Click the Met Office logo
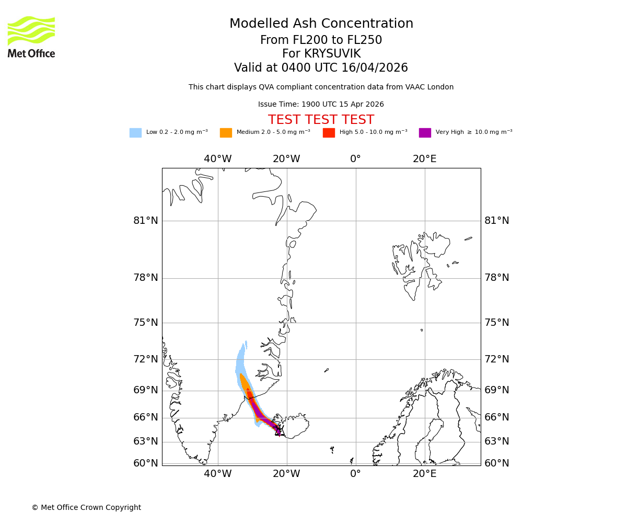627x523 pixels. pos(31,37)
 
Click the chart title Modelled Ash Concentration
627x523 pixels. pos(321,24)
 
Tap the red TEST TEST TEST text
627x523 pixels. pos(321,120)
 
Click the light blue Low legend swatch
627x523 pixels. pos(135,133)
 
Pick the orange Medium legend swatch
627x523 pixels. pos(226,133)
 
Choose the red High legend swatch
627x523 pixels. pos(329,133)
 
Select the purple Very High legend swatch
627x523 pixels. pos(425,133)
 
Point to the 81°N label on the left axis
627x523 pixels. pos(146,221)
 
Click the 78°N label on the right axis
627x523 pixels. pos(497,278)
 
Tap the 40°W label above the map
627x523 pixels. pos(217,159)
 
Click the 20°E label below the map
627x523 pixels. pos(424,474)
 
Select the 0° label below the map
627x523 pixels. pos(355,474)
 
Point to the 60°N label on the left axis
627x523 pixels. pos(146,463)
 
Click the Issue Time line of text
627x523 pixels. pos(321,105)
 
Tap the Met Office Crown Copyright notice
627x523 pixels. pos(86,508)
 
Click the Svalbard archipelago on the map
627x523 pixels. pos(418,261)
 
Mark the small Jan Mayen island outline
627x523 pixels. pos(327,370)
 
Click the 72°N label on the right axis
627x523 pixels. pos(497,359)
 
